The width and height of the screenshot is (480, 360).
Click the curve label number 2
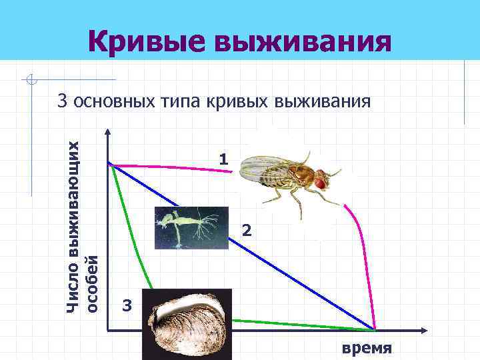(247, 231)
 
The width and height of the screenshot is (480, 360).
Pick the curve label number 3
(129, 307)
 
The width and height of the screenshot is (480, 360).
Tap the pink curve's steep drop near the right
(366, 267)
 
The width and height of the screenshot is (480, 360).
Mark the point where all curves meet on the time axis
(374, 329)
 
